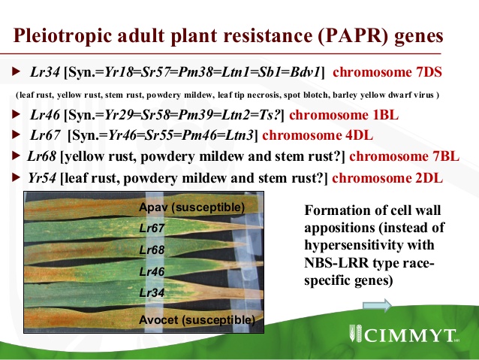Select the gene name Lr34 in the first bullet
tap(45, 72)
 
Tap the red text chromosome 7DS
tap(387, 72)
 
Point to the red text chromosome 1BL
tap(344, 115)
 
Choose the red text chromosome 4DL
tap(318, 135)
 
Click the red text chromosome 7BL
tap(404, 156)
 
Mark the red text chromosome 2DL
tap(387, 178)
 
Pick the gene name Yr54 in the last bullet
tap(42, 178)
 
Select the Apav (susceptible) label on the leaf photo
tap(192, 207)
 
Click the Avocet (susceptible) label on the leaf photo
tap(197, 320)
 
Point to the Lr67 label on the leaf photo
tap(152, 228)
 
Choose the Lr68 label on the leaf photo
tap(152, 250)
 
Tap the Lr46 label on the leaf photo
tap(152, 271)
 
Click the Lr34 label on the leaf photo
tap(152, 292)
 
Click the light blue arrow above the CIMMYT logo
tap(378, 305)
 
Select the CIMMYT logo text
tap(409, 335)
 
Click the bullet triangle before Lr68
tap(16, 156)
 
